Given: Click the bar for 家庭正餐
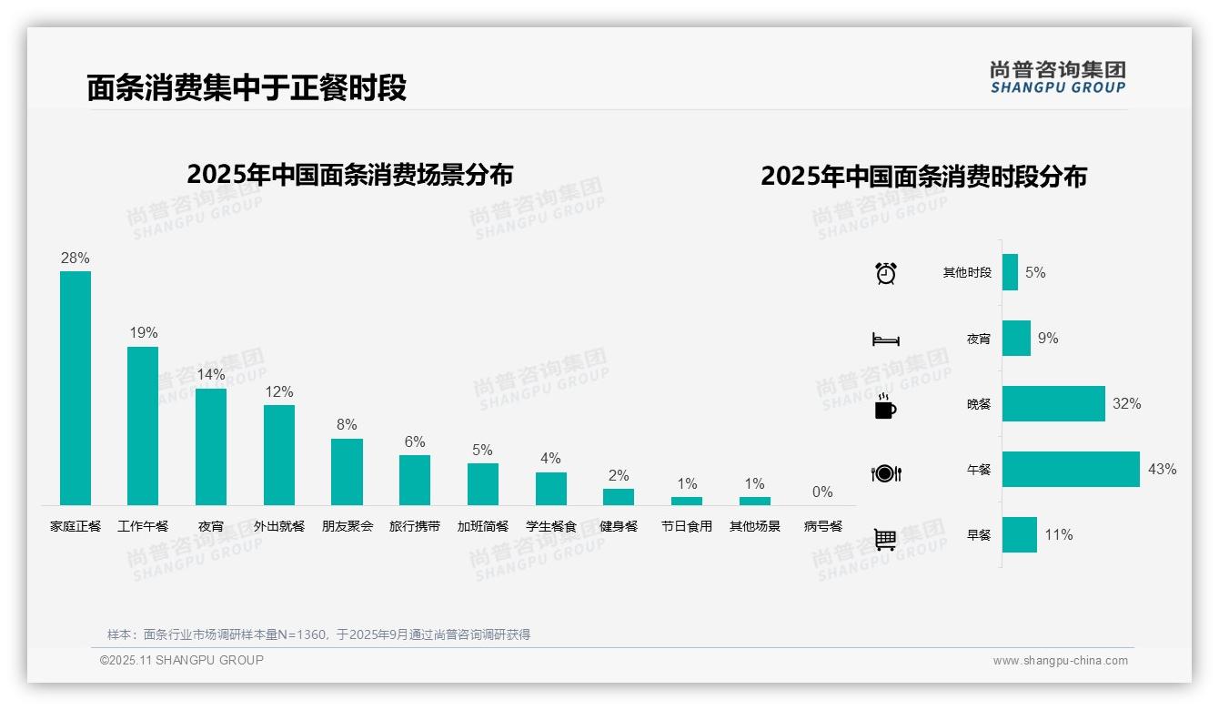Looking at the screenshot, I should (x=76, y=388).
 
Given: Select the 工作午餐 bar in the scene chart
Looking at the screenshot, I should (x=143, y=425).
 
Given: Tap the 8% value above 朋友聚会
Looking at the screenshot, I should (x=347, y=425).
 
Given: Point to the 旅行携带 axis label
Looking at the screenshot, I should (x=415, y=526).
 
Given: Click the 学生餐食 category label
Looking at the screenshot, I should (x=551, y=526).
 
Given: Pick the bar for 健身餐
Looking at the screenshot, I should (x=619, y=497).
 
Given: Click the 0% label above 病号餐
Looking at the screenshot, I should (x=822, y=492).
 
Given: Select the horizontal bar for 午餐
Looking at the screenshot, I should (x=1071, y=470).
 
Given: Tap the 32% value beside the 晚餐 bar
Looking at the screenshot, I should (x=1126, y=404).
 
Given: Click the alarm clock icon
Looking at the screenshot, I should (x=886, y=273).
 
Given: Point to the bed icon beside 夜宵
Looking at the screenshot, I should (x=886, y=340).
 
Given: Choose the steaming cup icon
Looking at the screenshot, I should (x=885, y=406).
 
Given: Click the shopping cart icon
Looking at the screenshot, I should (x=885, y=539).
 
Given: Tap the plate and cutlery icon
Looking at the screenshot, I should (x=886, y=473).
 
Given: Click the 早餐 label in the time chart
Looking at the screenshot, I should (x=979, y=535).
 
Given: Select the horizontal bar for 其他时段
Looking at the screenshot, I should (x=1010, y=272).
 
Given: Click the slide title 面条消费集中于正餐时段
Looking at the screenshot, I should (x=247, y=88).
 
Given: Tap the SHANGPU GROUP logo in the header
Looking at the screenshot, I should (x=1058, y=77).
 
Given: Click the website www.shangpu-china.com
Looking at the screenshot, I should (x=1060, y=661).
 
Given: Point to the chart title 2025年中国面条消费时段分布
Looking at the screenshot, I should (x=923, y=177).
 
